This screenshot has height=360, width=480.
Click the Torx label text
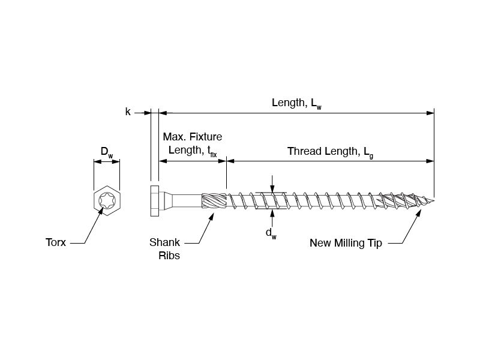(56, 243)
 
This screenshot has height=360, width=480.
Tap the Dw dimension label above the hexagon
(107, 154)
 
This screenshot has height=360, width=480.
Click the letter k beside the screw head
(128, 112)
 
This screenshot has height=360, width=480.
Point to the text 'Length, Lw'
(296, 103)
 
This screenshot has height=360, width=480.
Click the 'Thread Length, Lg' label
(330, 151)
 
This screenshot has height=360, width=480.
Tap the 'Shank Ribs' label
(164, 249)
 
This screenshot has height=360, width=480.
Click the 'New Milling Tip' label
(345, 243)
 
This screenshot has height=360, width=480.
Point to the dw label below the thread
(271, 233)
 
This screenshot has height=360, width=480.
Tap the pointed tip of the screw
(433, 200)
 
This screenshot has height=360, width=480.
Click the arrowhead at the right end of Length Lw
(430, 112)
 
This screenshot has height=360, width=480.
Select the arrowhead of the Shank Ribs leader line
(212, 215)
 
